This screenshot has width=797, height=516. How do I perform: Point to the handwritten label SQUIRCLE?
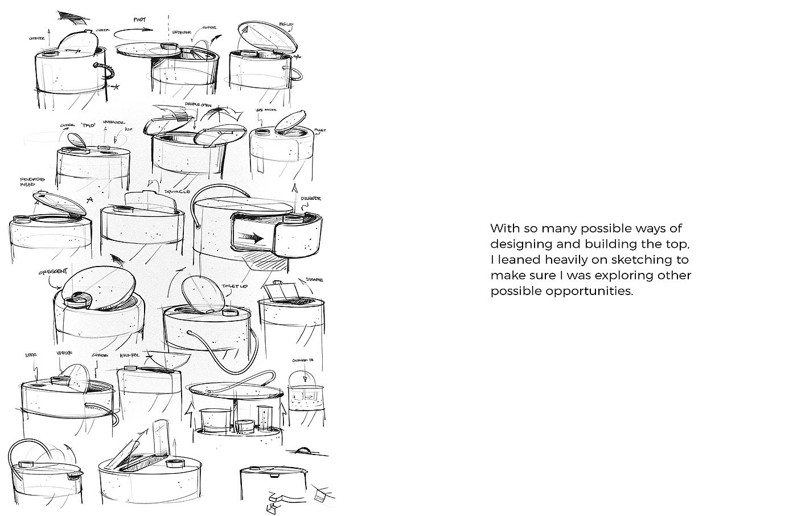[x=177, y=192]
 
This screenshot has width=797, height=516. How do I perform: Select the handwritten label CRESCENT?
[x=53, y=273]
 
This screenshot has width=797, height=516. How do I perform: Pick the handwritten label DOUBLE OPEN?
[x=198, y=105]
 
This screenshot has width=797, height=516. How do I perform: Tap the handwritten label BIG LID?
[x=285, y=24]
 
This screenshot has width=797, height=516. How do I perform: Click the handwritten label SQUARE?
[x=315, y=280]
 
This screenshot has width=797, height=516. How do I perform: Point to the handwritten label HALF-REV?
[x=130, y=355]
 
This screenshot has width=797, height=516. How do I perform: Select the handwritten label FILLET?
[x=321, y=130]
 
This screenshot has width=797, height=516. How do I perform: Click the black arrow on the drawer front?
[x=250, y=238]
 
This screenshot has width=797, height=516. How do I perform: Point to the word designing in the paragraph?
[x=518, y=244]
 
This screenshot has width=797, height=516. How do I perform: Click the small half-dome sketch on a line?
[x=306, y=450]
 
